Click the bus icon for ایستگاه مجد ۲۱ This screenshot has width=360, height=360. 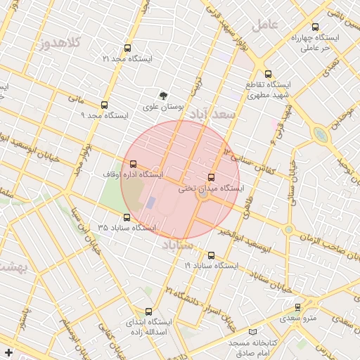(127, 49)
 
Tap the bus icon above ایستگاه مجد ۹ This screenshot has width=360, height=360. (105, 104)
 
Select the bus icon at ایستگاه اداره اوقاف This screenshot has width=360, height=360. (133, 164)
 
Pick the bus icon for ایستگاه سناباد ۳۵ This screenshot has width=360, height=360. (127, 217)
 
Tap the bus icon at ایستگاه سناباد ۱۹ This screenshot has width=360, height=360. (212, 255)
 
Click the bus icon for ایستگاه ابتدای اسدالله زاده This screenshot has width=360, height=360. (148, 311)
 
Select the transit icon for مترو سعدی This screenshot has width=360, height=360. (298, 307)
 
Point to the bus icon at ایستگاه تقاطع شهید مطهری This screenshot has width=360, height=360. (267, 74)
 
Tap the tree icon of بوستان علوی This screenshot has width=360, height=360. (164, 95)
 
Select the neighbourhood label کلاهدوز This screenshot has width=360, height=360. (63, 43)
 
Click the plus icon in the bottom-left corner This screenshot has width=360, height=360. (8, 352)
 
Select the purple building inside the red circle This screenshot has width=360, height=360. (151, 202)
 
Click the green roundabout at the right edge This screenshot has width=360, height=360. (321, 134)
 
